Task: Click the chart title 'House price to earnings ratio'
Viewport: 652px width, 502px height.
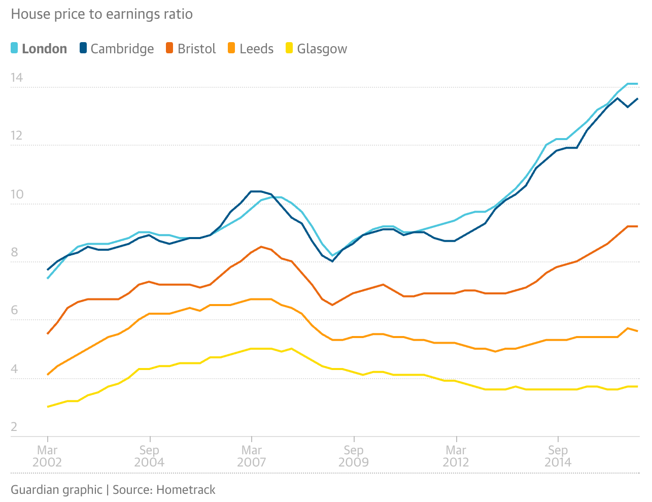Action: [x=101, y=14]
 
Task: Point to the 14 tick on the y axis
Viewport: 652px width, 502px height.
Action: [x=17, y=78]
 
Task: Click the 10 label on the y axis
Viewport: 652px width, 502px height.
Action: [x=17, y=194]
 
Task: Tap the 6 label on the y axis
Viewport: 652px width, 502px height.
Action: [x=14, y=310]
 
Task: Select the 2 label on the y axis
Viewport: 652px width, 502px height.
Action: [x=14, y=426]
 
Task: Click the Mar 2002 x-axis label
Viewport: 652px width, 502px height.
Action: [x=47, y=456]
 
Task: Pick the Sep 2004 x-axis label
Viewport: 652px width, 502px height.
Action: [x=149, y=456]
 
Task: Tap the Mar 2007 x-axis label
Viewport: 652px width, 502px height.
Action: [x=252, y=456]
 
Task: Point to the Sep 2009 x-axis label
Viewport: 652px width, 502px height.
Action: [x=354, y=456]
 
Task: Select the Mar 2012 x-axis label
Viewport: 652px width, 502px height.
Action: [x=456, y=456]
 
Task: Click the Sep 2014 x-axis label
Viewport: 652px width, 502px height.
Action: [x=558, y=456]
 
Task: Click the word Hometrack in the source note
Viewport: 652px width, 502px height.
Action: [x=186, y=490]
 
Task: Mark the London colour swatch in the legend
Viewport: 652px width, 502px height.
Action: [x=15, y=48]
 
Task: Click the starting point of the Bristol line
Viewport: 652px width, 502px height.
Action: [x=48, y=333]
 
